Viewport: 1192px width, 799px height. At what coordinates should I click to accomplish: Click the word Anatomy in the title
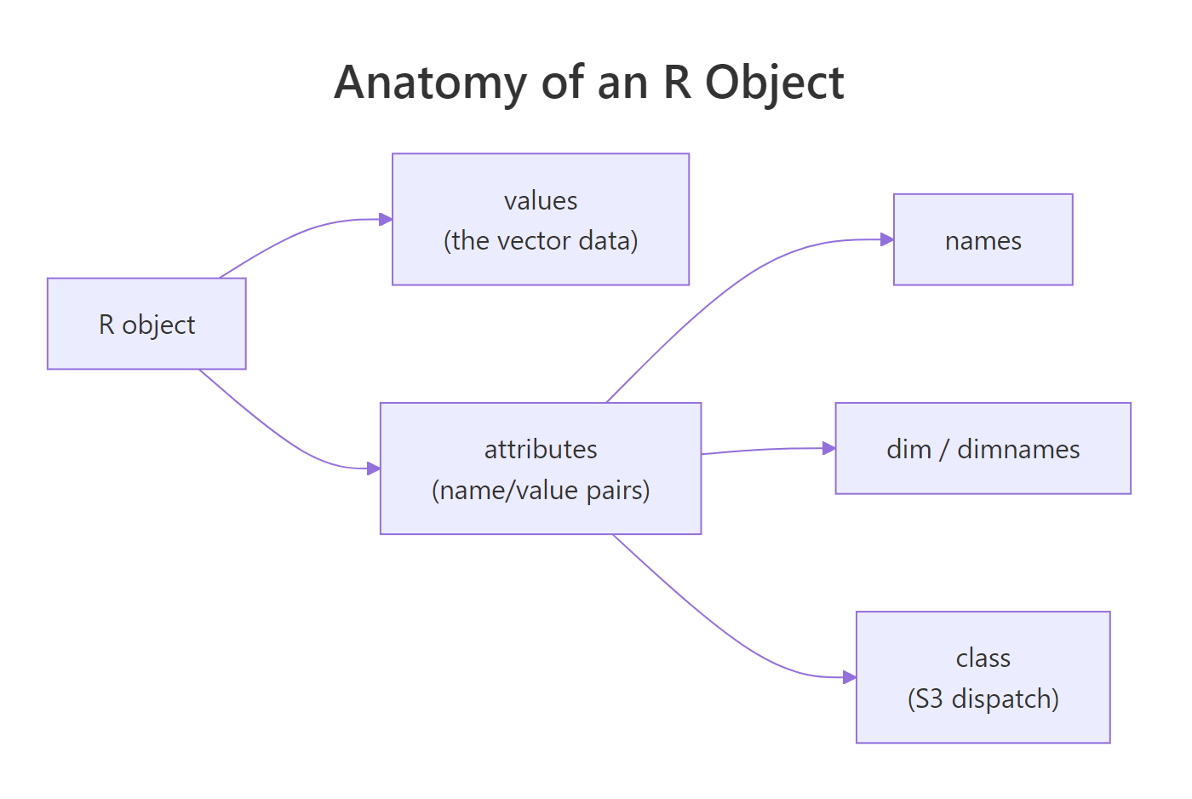(430, 83)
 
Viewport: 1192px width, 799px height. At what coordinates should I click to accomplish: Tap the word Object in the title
(774, 83)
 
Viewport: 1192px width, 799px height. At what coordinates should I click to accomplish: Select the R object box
(146, 324)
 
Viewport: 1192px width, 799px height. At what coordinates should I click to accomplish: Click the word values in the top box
(540, 201)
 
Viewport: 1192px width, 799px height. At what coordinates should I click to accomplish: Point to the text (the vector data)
(540, 241)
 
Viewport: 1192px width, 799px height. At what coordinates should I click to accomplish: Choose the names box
(983, 240)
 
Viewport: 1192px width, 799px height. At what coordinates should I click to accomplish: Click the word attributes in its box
(541, 449)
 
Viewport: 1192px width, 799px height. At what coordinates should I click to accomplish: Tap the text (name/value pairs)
(541, 491)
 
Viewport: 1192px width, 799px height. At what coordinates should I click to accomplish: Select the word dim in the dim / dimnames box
(908, 449)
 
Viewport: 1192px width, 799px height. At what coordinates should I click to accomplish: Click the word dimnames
(1018, 449)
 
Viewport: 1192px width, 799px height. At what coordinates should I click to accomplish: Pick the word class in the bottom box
(983, 658)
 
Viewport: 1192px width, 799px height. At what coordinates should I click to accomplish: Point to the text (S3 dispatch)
(983, 698)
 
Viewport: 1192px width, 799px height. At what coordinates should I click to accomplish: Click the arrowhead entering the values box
(386, 220)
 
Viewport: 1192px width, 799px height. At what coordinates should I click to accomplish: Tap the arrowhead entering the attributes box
(374, 468)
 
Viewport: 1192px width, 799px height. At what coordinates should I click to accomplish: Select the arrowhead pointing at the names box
(887, 239)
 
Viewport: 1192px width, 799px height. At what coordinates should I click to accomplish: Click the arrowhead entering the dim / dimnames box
(829, 448)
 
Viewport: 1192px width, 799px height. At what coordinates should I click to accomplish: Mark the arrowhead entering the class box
(850, 677)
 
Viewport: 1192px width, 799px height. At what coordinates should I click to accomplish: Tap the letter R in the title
(676, 83)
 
